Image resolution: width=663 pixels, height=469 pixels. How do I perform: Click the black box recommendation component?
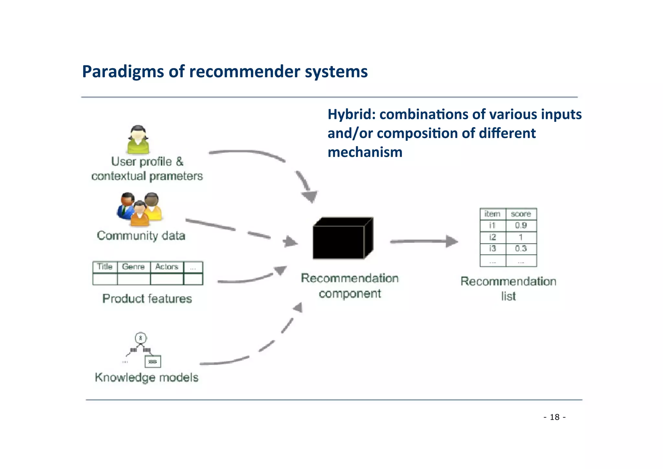coord(343,239)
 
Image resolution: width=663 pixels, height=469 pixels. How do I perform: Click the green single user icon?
coord(138,140)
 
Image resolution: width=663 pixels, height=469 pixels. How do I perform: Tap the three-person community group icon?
coord(139,209)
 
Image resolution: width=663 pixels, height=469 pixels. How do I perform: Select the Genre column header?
coord(133,267)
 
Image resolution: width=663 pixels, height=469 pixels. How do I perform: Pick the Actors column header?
coord(167,267)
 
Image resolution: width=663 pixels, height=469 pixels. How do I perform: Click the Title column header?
coord(105,267)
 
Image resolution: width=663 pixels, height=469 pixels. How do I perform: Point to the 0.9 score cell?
coord(521,225)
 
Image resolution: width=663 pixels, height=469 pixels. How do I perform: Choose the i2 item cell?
coord(492,237)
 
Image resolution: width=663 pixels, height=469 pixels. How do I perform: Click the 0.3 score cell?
coord(521,249)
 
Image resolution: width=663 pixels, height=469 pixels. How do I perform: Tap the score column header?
coord(521,214)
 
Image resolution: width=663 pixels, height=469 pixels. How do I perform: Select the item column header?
coord(492,214)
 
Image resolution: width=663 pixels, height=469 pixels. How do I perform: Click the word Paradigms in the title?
coord(123,72)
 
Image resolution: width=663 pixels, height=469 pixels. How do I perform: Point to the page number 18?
coord(555,417)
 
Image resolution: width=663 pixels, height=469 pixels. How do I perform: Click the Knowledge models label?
coord(147,378)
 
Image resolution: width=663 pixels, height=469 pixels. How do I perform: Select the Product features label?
coord(147,299)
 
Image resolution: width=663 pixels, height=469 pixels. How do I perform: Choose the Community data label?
coord(141,236)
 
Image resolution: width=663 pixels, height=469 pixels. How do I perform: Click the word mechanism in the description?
coord(365,152)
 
